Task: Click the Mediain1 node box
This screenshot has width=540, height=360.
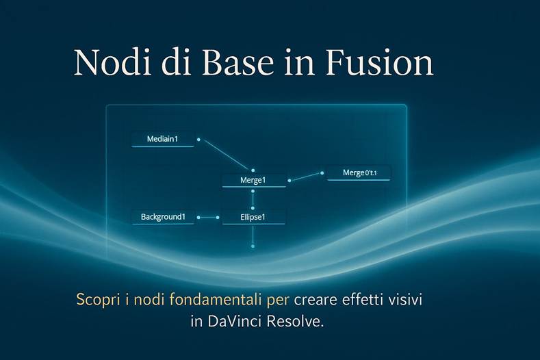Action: click(x=162, y=140)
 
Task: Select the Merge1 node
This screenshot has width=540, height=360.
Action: click(x=253, y=181)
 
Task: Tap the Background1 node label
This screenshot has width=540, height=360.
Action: click(x=163, y=217)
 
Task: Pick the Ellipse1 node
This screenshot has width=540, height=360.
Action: click(x=253, y=218)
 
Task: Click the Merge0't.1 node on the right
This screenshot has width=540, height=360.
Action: click(x=359, y=173)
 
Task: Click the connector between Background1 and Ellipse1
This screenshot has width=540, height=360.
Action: click(x=207, y=218)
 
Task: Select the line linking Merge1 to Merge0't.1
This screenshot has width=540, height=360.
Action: click(x=305, y=177)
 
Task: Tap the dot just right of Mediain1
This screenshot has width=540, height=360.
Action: click(x=198, y=140)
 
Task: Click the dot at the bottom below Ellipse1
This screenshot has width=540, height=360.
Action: click(x=253, y=246)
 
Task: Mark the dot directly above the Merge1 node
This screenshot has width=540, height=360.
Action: click(x=253, y=170)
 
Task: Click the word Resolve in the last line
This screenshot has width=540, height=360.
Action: click(x=298, y=322)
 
